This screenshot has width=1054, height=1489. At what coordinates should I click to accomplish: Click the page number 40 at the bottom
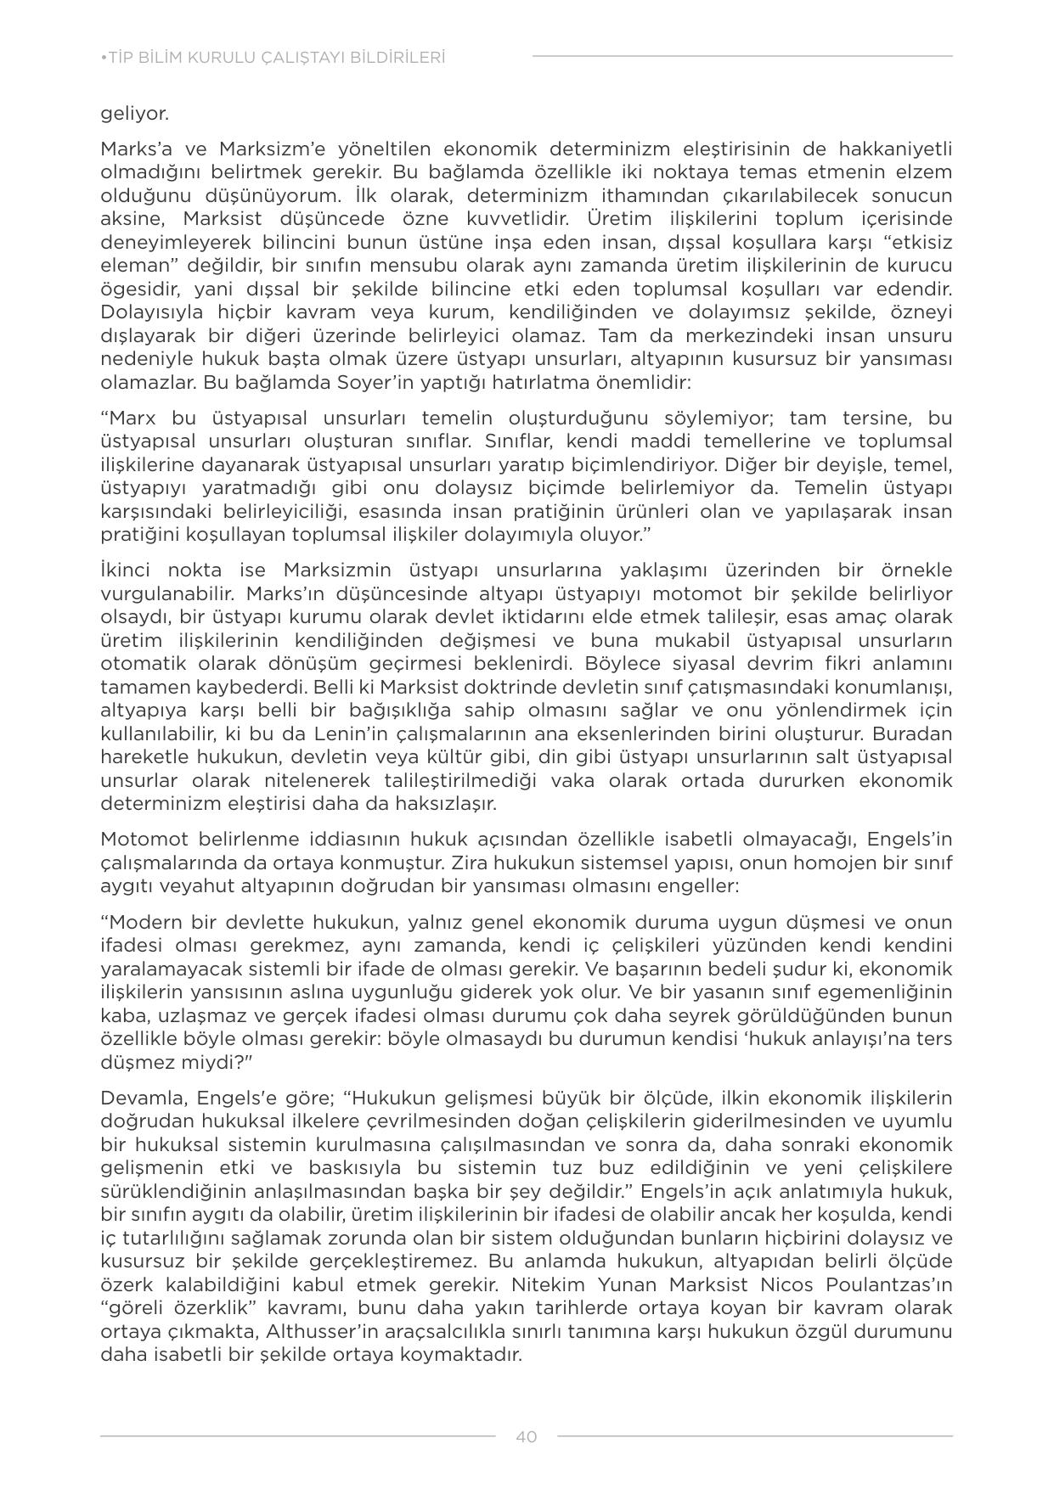coord(526,1436)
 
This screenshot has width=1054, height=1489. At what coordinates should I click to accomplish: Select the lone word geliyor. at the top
coord(134,114)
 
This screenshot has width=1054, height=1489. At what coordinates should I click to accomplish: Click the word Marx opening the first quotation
coord(132,419)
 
